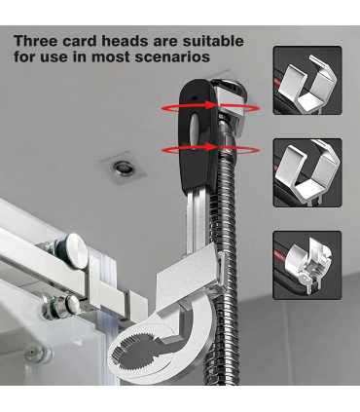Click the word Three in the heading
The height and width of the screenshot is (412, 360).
pos(35,41)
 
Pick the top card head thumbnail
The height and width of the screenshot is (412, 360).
pos(307,80)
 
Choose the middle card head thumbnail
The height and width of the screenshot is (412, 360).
pos(307,172)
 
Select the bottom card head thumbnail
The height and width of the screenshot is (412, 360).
pos(307,265)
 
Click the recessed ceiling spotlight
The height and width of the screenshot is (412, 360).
pos(123,168)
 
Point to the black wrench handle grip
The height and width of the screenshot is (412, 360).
pos(196,134)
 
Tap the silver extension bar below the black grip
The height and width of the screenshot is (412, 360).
pos(197,221)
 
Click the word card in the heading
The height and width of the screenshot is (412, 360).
pos(79,41)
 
